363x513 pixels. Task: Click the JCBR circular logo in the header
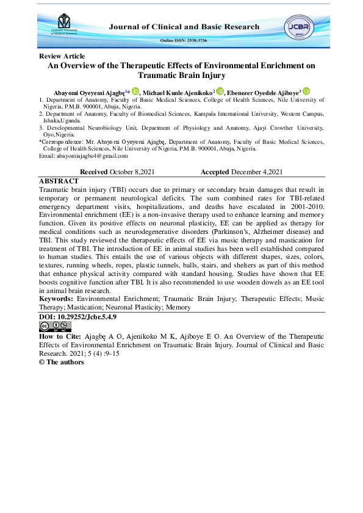[x=299, y=27]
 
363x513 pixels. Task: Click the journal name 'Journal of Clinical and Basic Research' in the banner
[x=184, y=27]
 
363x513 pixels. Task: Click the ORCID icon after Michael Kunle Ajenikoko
[x=220, y=91]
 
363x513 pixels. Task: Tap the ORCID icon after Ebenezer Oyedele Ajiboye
[x=306, y=91]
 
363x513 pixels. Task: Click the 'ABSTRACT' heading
[x=59, y=182]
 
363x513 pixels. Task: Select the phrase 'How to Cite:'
[x=59, y=336]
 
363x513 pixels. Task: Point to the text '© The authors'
[x=59, y=362]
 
